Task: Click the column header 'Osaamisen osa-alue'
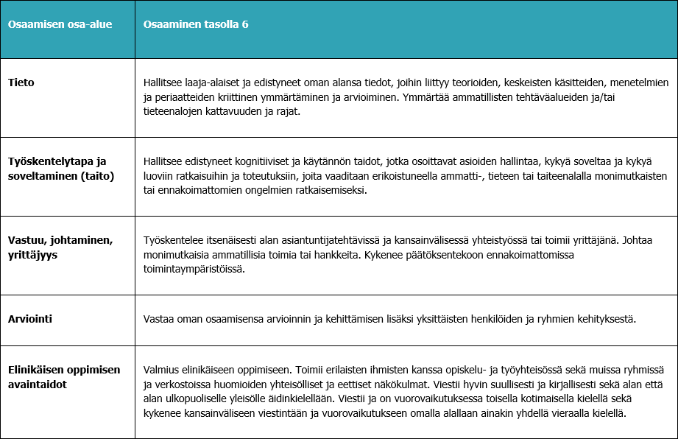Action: pyautogui.click(x=60, y=24)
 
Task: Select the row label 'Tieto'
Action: pyautogui.click(x=21, y=82)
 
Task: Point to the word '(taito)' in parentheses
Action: pyautogui.click(x=99, y=177)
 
